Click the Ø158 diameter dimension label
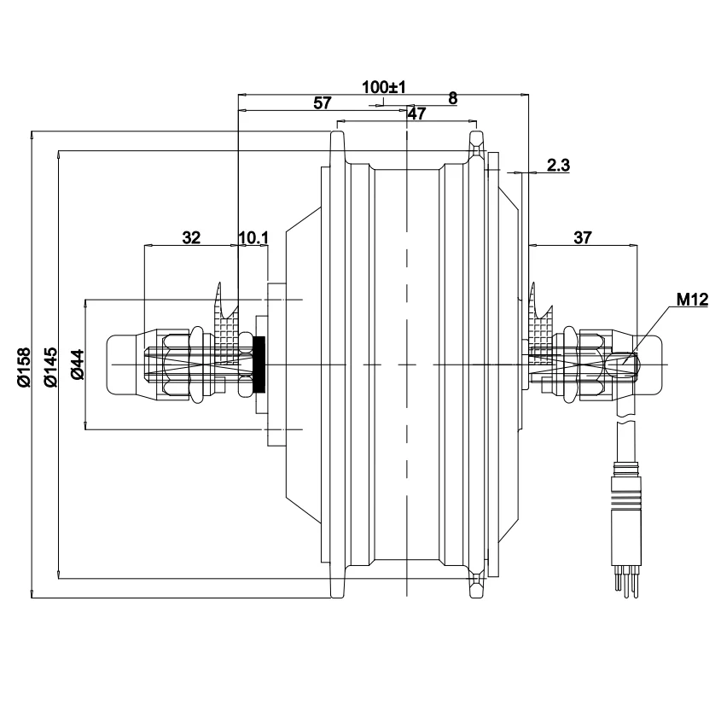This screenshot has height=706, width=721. tap(25, 367)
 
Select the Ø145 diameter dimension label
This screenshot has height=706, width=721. tap(51, 367)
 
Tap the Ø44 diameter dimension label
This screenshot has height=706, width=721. tap(78, 365)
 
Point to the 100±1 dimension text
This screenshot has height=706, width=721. tap(383, 87)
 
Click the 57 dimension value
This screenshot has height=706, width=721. tap(322, 102)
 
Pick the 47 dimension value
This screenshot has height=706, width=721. tap(416, 114)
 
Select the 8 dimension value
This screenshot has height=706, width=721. tap(453, 98)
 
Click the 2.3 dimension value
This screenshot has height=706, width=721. tap(558, 165)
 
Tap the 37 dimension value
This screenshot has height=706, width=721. tap(582, 237)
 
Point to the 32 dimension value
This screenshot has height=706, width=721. tap(191, 237)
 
